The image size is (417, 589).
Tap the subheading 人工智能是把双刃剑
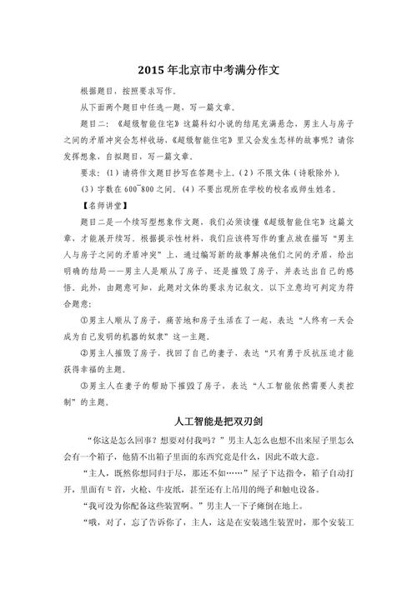click(208, 418)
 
